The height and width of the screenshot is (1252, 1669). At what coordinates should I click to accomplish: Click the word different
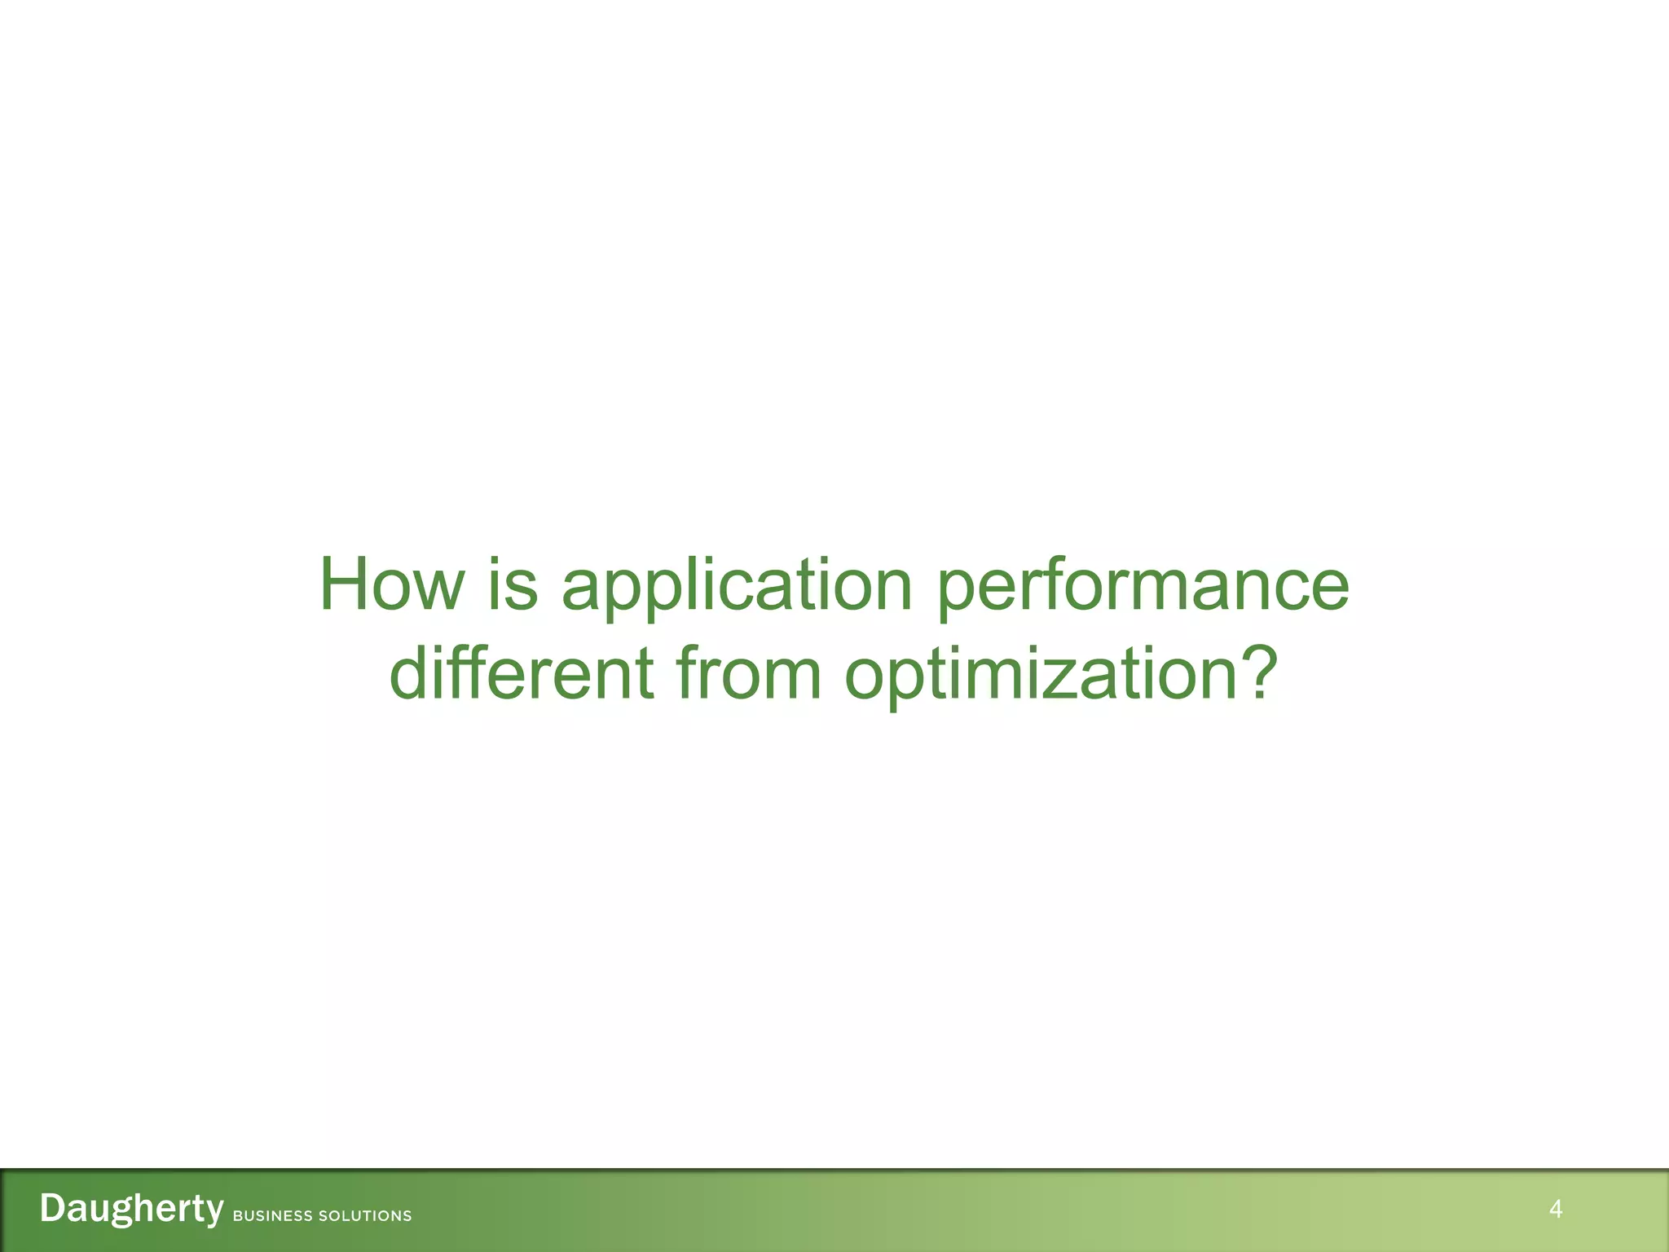pos(522,673)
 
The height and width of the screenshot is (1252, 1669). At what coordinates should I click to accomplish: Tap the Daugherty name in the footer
pos(131,1209)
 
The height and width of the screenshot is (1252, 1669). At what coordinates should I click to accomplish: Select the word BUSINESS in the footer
pos(272,1216)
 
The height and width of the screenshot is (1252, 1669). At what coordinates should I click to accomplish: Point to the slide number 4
pos(1555,1209)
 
